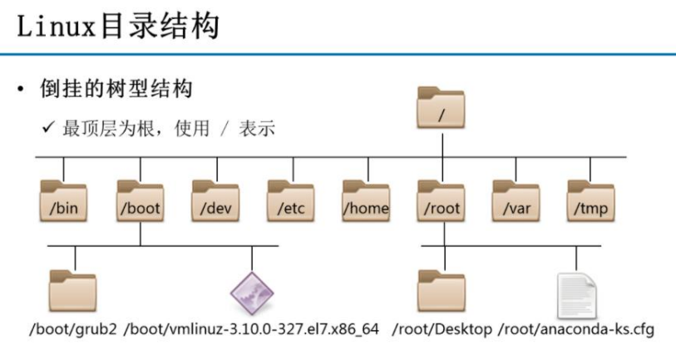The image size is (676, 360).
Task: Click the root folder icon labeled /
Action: point(442,109)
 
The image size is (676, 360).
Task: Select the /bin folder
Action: point(63,201)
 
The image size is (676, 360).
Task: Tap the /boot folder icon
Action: point(140,201)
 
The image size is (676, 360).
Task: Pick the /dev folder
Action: point(215,201)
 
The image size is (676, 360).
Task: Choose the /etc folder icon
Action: point(290,201)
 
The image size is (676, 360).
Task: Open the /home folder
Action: point(366,201)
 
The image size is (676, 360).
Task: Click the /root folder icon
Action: point(442,201)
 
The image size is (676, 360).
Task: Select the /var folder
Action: point(516,201)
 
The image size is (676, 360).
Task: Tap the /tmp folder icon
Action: point(590,201)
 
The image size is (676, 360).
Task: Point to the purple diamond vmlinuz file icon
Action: point(251,292)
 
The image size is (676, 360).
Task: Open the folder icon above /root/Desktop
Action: point(442,289)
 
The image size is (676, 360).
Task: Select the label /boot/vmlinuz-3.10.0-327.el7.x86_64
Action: point(251,329)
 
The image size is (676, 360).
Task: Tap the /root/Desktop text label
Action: point(442,329)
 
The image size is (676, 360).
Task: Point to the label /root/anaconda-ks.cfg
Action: point(576,329)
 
